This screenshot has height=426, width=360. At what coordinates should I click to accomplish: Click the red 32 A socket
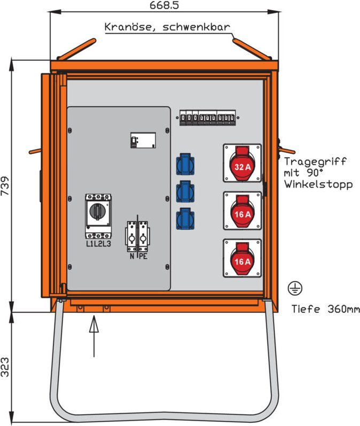242,163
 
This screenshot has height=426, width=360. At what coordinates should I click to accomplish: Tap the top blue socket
185,164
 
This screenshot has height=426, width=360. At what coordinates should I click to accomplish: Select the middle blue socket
185,192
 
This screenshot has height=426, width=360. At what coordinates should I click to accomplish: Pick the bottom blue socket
185,219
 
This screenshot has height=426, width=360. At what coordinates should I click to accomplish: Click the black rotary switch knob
97,211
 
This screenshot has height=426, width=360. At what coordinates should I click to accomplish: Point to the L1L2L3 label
98,244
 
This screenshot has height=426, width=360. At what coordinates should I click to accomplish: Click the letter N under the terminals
132,256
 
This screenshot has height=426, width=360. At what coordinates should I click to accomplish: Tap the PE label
143,256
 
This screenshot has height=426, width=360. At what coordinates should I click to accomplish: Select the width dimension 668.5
164,5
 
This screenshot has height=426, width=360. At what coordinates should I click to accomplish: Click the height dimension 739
5,186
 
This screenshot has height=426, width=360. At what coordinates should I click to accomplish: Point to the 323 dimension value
5,367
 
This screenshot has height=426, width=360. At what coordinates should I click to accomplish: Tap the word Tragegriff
315,162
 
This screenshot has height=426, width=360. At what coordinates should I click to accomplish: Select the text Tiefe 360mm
325,309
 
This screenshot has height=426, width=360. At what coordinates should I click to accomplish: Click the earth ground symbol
295,288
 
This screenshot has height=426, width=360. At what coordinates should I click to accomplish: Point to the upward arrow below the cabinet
94,336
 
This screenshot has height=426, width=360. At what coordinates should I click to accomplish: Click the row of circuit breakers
208,117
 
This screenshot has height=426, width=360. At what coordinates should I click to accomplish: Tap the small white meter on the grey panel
143,140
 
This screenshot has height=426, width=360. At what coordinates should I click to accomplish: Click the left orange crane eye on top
76,49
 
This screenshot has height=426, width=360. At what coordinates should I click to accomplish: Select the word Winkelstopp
319,184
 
